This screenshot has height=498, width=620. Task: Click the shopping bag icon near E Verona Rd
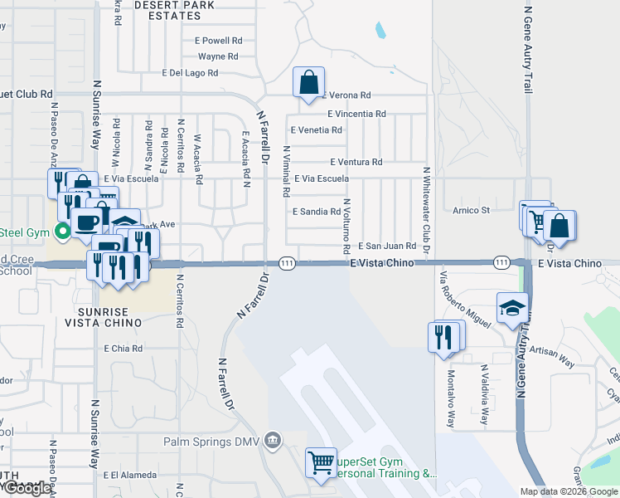(308, 82)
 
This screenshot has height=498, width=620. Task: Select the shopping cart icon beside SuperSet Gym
(321, 461)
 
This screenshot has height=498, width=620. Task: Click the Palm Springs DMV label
(211, 442)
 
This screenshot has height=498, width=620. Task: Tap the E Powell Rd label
(218, 40)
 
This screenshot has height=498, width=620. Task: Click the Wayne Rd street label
(218, 56)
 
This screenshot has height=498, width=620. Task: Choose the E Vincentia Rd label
(356, 114)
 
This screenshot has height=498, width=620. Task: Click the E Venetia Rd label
(317, 130)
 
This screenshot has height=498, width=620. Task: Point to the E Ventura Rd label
(356, 162)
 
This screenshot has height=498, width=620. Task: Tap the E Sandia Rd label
(317, 212)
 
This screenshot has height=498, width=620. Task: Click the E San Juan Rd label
(386, 247)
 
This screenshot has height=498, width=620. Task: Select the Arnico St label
(471, 211)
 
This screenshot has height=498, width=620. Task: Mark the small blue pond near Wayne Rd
(380, 31)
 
